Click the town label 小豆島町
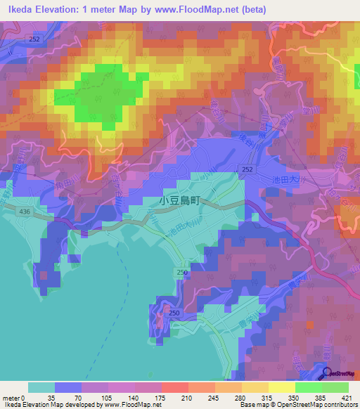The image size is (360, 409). pyautogui.click(x=179, y=200)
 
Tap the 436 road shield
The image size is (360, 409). pyautogui.click(x=25, y=211)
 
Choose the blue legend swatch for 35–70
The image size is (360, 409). pyautogui.click(x=68, y=387)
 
